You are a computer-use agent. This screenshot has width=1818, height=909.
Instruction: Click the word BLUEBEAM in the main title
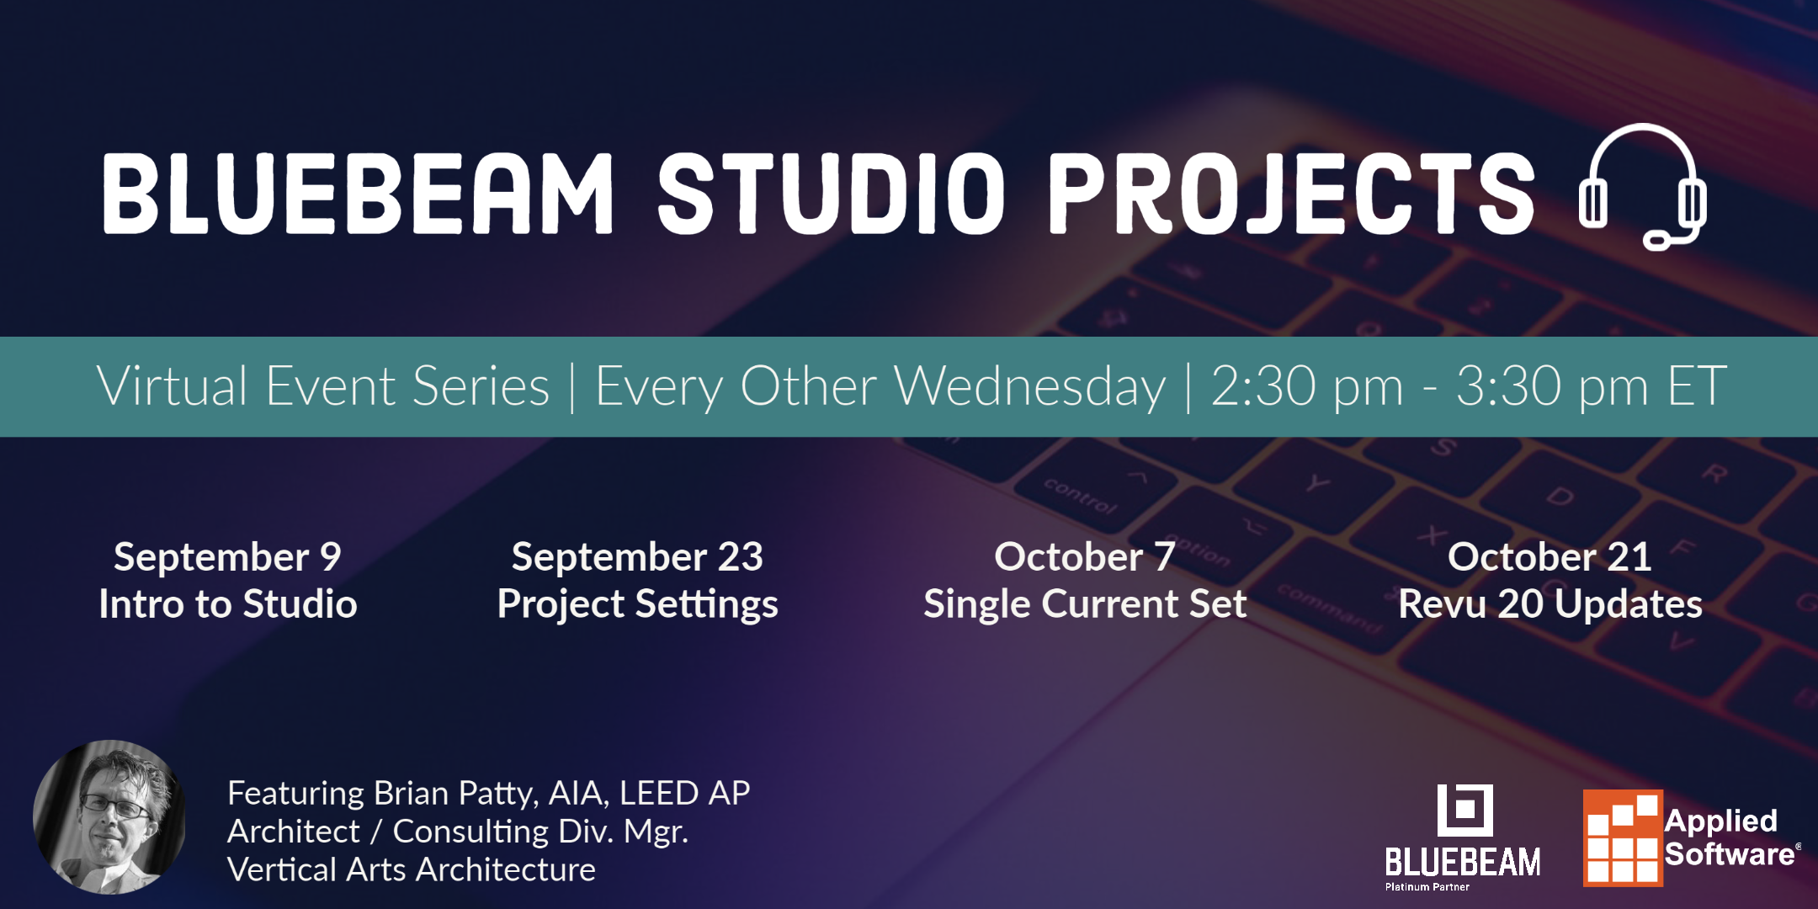coord(358,194)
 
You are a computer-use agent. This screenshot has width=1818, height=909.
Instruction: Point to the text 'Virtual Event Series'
coord(323,387)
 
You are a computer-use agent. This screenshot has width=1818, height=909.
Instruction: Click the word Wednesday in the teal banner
coord(1029,387)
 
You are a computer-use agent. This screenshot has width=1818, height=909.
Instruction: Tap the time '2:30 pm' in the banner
coord(1307,387)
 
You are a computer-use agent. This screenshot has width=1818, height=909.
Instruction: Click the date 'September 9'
coord(227,557)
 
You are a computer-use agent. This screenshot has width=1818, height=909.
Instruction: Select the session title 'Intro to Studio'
coord(227,604)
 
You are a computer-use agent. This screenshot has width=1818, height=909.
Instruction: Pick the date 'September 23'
coord(637,557)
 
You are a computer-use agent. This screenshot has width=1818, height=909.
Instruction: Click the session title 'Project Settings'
coord(637,604)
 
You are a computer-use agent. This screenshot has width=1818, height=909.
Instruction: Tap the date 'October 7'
coord(1084,557)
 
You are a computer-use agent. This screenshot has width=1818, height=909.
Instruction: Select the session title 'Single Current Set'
coord(1084,604)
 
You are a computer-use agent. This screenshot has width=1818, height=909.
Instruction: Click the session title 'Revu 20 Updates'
coord(1550,604)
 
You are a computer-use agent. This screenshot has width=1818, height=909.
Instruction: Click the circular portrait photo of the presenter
coord(109,816)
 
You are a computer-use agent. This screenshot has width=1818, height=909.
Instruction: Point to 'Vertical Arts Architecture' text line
coord(411,869)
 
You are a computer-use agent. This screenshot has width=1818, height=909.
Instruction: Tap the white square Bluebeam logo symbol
coord(1464,810)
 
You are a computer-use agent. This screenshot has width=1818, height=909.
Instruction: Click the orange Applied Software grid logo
coord(1623,838)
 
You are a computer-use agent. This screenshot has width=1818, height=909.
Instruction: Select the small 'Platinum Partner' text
coord(1427,887)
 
